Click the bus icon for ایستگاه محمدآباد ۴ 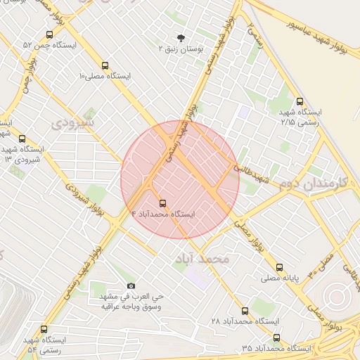164,200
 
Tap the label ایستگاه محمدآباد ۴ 163,212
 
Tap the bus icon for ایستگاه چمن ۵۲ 49,34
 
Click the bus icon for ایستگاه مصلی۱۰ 105,64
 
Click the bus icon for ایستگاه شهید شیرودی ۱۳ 22,139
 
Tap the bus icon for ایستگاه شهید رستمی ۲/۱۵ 300,101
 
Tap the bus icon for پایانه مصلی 280,267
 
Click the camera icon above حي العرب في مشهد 131,285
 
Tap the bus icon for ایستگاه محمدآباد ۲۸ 245,310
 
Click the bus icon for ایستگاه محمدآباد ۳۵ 276,337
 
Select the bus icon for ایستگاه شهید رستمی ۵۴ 44,329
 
